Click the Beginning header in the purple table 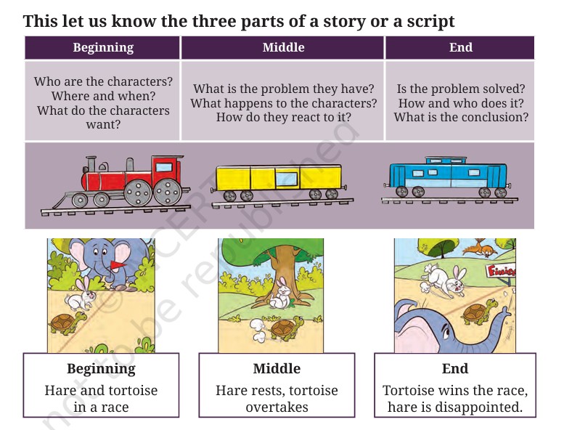coord(103,47)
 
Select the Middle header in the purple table coord(283,47)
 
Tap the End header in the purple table coord(461,47)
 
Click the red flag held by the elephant coord(118,266)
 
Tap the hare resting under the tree coord(281,294)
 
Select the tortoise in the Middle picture coord(287,328)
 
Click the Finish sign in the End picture coord(501,271)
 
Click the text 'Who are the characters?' coord(103,81)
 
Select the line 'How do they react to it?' coord(283,117)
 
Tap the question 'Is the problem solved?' coord(461,89)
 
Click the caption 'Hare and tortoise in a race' coord(101,399)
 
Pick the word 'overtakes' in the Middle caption coord(277,407)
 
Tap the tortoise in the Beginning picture coord(68,323)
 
